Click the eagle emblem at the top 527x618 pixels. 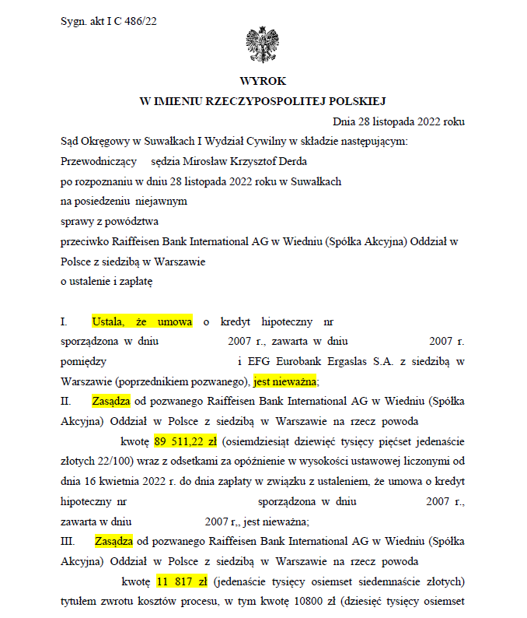(262, 44)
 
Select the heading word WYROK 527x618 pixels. (263, 81)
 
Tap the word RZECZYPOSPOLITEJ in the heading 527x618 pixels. (262, 100)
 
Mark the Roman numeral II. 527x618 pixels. (65, 402)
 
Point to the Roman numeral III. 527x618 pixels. (68, 541)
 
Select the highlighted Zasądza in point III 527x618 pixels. (113, 541)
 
